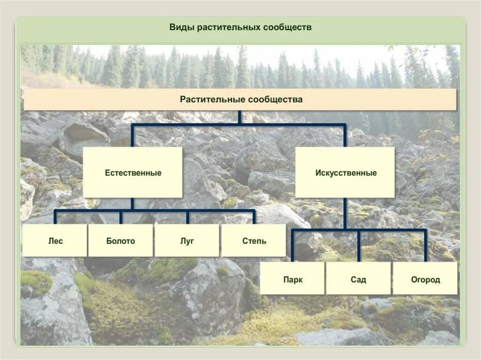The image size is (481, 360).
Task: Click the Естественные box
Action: pyautogui.click(x=132, y=173)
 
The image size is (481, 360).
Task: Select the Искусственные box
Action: pyautogui.click(x=345, y=173)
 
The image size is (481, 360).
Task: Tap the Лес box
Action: pyautogui.click(x=55, y=241)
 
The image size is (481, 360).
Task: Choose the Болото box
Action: pyautogui.click(x=121, y=241)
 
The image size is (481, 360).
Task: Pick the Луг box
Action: pyautogui.click(x=187, y=241)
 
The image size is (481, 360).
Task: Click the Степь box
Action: pyautogui.click(x=254, y=241)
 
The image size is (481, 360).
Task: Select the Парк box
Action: pyautogui.click(x=292, y=279)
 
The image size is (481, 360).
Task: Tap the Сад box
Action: pyautogui.click(x=358, y=279)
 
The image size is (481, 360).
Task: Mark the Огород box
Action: pyautogui.click(x=425, y=279)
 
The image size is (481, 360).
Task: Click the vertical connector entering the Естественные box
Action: pyautogui.click(x=132, y=136)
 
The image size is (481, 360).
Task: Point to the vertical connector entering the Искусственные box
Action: pyautogui.click(x=345, y=136)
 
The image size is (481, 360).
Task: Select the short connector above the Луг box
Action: pyautogui.click(x=187, y=217)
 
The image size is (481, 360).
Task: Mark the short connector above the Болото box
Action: pyautogui.click(x=121, y=217)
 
